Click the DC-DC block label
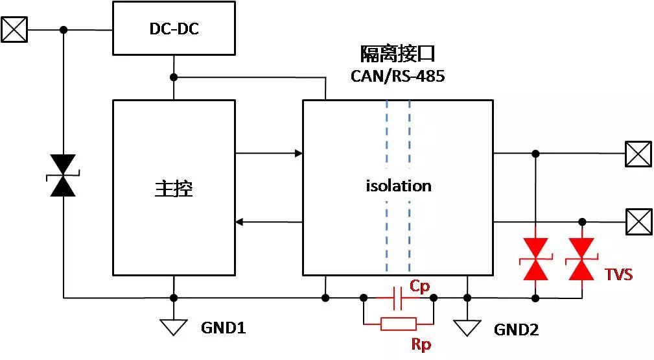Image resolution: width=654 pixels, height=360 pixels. (174, 29)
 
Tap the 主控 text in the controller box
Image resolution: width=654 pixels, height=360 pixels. (174, 188)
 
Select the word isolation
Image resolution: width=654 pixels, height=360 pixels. (398, 186)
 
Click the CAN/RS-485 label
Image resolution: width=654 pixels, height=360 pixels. (398, 76)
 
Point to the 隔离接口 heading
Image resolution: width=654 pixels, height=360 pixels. (397, 54)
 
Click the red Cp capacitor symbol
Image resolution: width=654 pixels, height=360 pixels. (398, 298)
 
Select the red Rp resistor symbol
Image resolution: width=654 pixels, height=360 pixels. (398, 324)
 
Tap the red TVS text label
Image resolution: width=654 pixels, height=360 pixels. (618, 274)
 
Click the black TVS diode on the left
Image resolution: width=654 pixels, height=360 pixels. (63, 175)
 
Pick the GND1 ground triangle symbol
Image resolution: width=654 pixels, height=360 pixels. (174, 327)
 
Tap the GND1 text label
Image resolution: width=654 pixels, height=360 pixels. (223, 329)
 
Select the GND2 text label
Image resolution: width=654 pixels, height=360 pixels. (516, 330)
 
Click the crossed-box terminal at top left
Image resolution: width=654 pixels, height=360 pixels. (14, 30)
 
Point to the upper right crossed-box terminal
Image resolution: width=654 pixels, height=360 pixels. (638, 154)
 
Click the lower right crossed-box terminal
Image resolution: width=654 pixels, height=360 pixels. (638, 222)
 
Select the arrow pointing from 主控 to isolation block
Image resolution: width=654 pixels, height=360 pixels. (268, 154)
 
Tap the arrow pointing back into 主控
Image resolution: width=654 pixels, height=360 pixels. (268, 222)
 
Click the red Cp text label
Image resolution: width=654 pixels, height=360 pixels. (419, 286)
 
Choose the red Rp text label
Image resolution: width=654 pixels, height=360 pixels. (421, 343)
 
